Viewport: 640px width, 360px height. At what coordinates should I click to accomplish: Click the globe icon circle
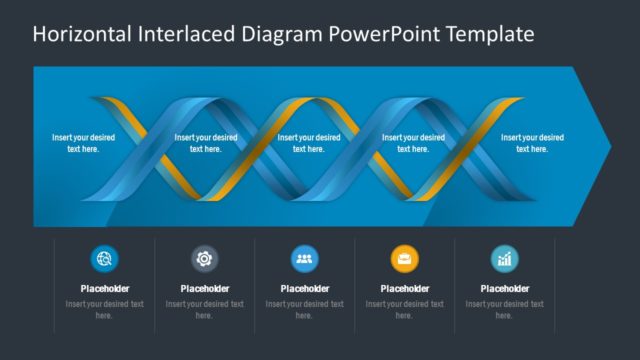(104, 259)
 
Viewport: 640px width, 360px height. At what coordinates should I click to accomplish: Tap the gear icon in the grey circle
(204, 259)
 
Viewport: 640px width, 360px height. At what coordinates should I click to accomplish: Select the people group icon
(304, 259)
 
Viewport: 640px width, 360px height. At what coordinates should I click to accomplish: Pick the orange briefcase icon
(404, 259)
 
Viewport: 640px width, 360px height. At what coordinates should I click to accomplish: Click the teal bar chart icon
(504, 259)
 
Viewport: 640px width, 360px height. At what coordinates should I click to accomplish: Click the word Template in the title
(484, 34)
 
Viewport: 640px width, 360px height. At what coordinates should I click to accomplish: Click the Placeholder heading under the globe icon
(104, 289)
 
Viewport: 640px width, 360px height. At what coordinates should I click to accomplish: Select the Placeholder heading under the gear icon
(204, 289)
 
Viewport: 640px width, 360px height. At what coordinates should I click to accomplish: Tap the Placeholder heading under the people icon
(304, 289)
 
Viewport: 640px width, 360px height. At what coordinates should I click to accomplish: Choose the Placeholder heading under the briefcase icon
(404, 289)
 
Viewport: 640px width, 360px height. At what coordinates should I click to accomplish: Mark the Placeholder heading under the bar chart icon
(504, 289)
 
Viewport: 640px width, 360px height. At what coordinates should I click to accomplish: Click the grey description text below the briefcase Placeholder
(404, 309)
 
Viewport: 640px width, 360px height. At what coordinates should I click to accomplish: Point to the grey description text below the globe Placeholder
(104, 309)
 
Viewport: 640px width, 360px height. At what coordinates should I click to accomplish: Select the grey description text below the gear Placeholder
(204, 309)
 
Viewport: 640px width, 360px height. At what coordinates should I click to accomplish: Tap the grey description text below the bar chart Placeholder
(504, 309)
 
